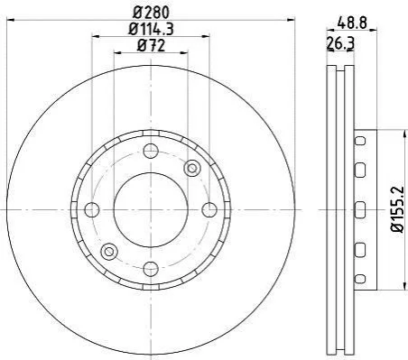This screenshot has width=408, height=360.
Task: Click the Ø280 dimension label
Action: pyautogui.click(x=152, y=13)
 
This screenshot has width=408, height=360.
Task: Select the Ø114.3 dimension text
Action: pyautogui.click(x=151, y=29)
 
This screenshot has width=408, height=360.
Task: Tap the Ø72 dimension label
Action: pyautogui.click(x=152, y=46)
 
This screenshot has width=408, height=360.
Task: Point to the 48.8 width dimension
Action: pyautogui.click(x=352, y=23)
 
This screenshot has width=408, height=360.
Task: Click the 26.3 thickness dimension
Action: pyautogui.click(x=340, y=44)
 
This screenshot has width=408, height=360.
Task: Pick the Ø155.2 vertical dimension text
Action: pyautogui.click(x=397, y=209)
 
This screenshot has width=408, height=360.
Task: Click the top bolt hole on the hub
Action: pyautogui.click(x=151, y=151)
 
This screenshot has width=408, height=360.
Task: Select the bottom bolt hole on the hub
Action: pyautogui.click(x=151, y=269)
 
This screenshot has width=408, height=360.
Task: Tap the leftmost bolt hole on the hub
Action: pyautogui.click(x=92, y=209)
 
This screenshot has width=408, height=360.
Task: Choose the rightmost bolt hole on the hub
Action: pyautogui.click(x=209, y=209)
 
